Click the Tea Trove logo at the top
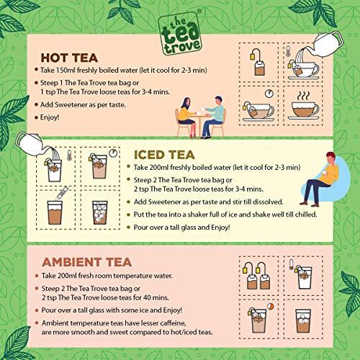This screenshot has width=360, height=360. pos(179,24)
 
